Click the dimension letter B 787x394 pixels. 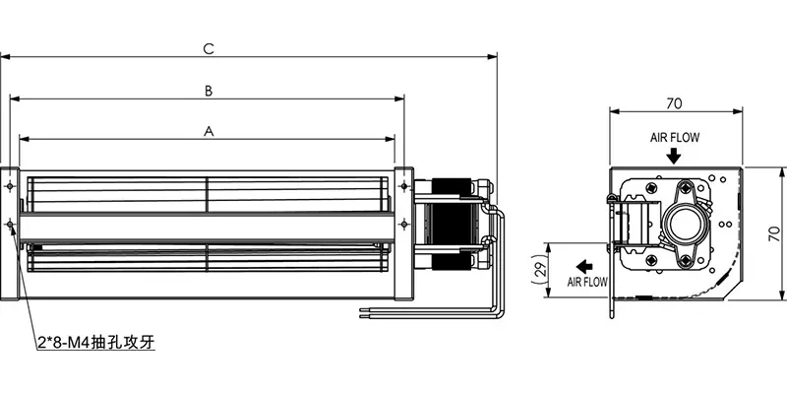tap(208, 90)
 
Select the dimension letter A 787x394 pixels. tap(208, 129)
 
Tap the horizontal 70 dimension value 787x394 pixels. tap(674, 101)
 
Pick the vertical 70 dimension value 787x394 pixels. tap(774, 233)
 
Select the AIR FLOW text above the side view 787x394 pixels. tap(674, 138)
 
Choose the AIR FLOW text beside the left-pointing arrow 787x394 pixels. tap(587, 283)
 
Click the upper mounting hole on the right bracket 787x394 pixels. tap(404, 185)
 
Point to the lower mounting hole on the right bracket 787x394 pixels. tap(404, 226)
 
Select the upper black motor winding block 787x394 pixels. tap(454, 185)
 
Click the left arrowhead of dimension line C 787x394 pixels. tap(5, 56)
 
